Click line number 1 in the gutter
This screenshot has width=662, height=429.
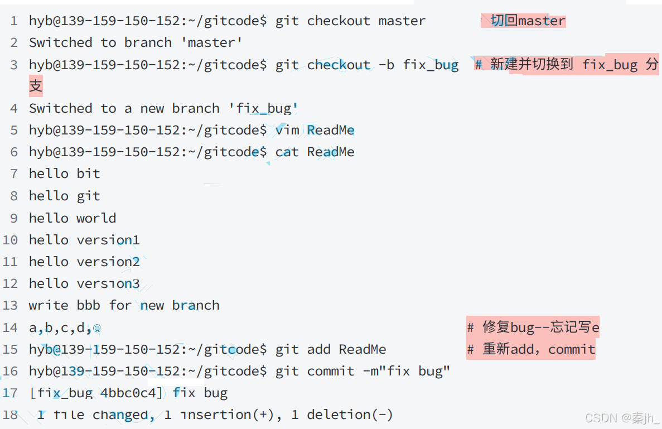pos(14,21)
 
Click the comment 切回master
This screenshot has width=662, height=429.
pos(528,21)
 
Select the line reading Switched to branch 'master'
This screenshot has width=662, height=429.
pos(136,43)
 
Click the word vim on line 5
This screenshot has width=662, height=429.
pos(287,130)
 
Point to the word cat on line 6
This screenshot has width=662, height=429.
pos(287,152)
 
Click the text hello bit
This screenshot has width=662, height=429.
pos(65,173)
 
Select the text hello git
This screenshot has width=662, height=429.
pos(65,196)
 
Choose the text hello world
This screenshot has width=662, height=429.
pos(73,218)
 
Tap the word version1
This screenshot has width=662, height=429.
pos(108,240)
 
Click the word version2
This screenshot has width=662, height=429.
pos(108,262)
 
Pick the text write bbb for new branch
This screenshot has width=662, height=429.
pos(124,305)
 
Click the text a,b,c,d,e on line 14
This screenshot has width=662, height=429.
pos(65,327)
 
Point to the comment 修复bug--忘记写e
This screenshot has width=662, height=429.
pos(533,327)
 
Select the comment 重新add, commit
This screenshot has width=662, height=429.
pos(531,349)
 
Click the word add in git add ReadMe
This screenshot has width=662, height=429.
pos(319,349)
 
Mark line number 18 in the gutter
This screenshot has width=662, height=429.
pos(11,414)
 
